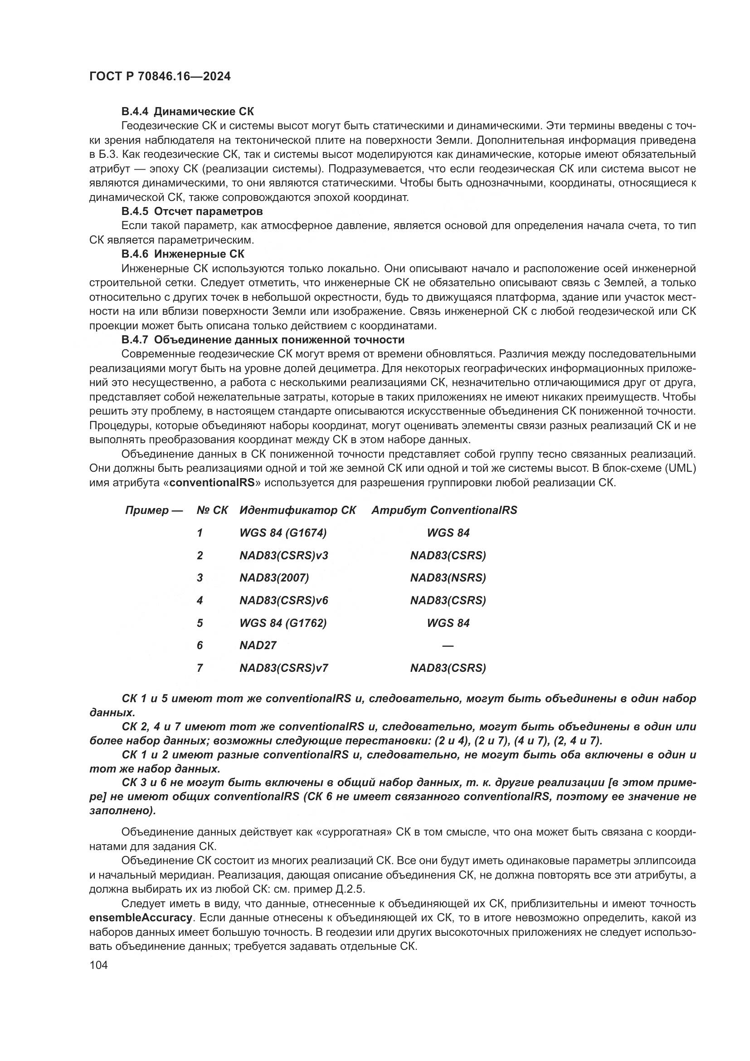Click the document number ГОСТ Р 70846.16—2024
pos(160,77)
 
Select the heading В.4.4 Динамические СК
pos(188,112)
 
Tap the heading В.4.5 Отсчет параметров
pos(192,211)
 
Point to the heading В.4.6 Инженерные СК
pos(183,254)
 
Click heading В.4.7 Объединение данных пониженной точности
pos(263,340)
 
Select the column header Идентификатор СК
pos(297,510)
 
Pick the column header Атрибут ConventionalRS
pos(444,510)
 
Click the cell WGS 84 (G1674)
pos(282,533)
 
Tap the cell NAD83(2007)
pos(274,577)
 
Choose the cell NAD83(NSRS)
pos(448,577)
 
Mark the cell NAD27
pos(258,645)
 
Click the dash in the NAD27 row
pos(448,645)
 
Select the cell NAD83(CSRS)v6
pos(283,600)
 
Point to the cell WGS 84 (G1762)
pos(282,623)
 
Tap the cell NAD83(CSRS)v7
pos(283,668)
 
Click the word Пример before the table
pos(147,510)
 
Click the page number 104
pos(98,965)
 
